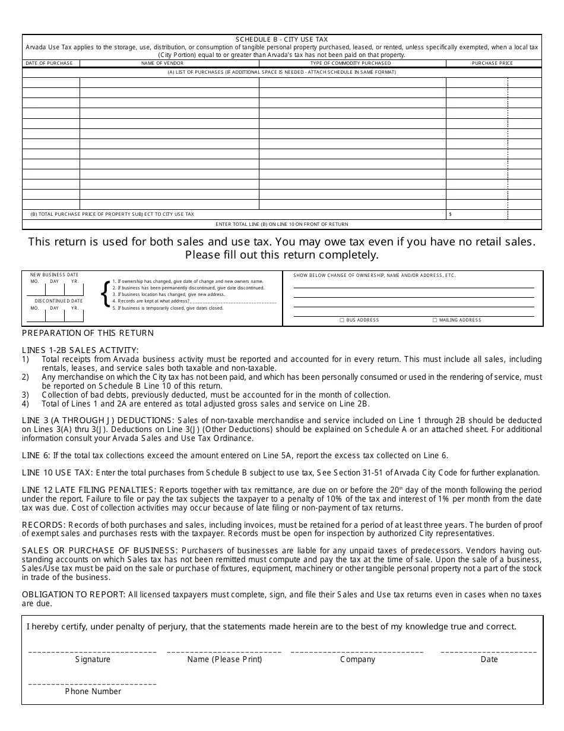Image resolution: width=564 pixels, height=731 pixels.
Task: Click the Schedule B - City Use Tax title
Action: click(281, 39)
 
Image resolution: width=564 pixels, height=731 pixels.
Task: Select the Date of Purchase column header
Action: click(49, 63)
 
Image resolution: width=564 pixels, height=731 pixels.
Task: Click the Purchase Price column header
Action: click(492, 63)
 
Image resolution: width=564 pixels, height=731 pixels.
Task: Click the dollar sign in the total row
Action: click(451, 214)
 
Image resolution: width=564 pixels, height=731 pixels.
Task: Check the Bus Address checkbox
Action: click(342, 320)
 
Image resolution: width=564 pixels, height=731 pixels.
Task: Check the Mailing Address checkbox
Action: click(435, 320)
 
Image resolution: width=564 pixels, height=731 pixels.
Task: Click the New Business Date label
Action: click(55, 275)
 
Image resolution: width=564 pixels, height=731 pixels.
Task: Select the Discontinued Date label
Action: click(58, 301)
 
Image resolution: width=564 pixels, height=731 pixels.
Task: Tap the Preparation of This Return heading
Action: click(88, 333)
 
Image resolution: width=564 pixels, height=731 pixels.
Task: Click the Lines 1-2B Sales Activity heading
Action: click(80, 350)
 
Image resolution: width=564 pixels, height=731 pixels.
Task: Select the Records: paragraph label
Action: click(44, 525)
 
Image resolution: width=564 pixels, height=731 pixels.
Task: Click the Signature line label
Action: click(93, 659)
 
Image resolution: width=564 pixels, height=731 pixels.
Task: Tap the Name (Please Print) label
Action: click(224, 659)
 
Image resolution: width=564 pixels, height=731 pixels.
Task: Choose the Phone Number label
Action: click(93, 691)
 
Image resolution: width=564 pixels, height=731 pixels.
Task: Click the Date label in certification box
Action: click(489, 659)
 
